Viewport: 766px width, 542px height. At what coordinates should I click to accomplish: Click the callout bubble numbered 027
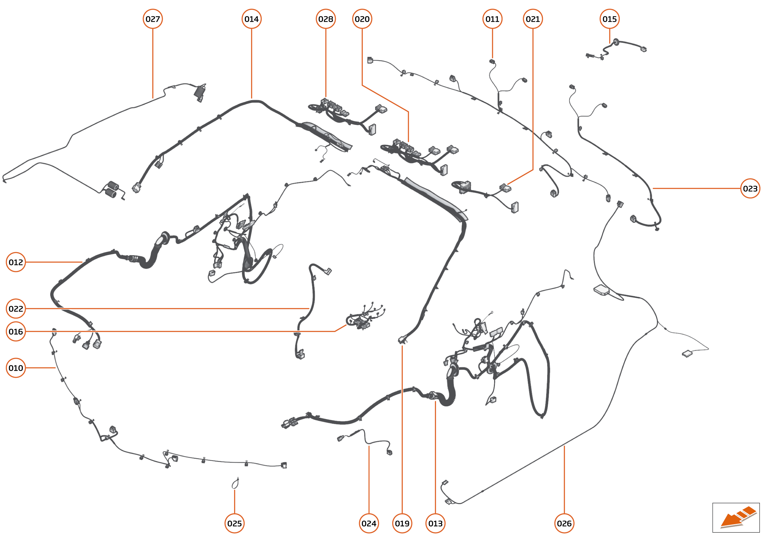pyautogui.click(x=153, y=19)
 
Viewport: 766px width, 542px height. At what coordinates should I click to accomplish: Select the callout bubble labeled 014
pyautogui.click(x=251, y=19)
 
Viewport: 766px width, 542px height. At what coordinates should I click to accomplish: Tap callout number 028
pyautogui.click(x=325, y=19)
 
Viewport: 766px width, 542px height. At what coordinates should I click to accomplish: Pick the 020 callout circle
pyautogui.click(x=362, y=19)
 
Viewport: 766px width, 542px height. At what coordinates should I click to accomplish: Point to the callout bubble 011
pyautogui.click(x=492, y=19)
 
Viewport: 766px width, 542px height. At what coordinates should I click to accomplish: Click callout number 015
pyautogui.click(x=609, y=19)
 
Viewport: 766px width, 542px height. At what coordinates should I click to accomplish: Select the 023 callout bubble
pyautogui.click(x=750, y=188)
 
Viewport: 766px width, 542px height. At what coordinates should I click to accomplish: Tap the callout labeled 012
pyautogui.click(x=16, y=262)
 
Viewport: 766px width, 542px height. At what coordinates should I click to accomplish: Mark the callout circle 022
pyautogui.click(x=16, y=309)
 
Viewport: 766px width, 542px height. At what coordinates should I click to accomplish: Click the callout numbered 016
pyautogui.click(x=16, y=332)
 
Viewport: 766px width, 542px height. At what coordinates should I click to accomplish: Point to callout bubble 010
pyautogui.click(x=16, y=368)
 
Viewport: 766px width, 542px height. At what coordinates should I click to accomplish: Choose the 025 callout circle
pyautogui.click(x=234, y=523)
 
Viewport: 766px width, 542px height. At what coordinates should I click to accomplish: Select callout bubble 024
pyautogui.click(x=369, y=523)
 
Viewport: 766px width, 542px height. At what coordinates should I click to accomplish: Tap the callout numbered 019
pyautogui.click(x=402, y=523)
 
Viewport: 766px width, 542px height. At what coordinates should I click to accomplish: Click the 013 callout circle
pyautogui.click(x=435, y=523)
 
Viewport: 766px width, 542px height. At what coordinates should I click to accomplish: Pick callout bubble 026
pyautogui.click(x=564, y=523)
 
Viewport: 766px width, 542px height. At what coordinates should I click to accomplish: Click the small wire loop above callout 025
pyautogui.click(x=235, y=483)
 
